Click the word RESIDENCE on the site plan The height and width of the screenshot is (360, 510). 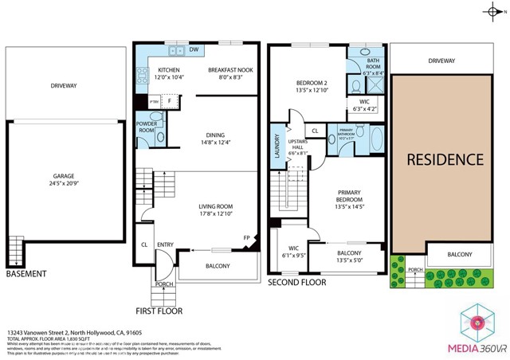click(445, 158)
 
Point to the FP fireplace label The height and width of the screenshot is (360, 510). click(245, 237)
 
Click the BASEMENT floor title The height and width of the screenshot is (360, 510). click(25, 274)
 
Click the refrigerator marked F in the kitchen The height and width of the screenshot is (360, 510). click(170, 101)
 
